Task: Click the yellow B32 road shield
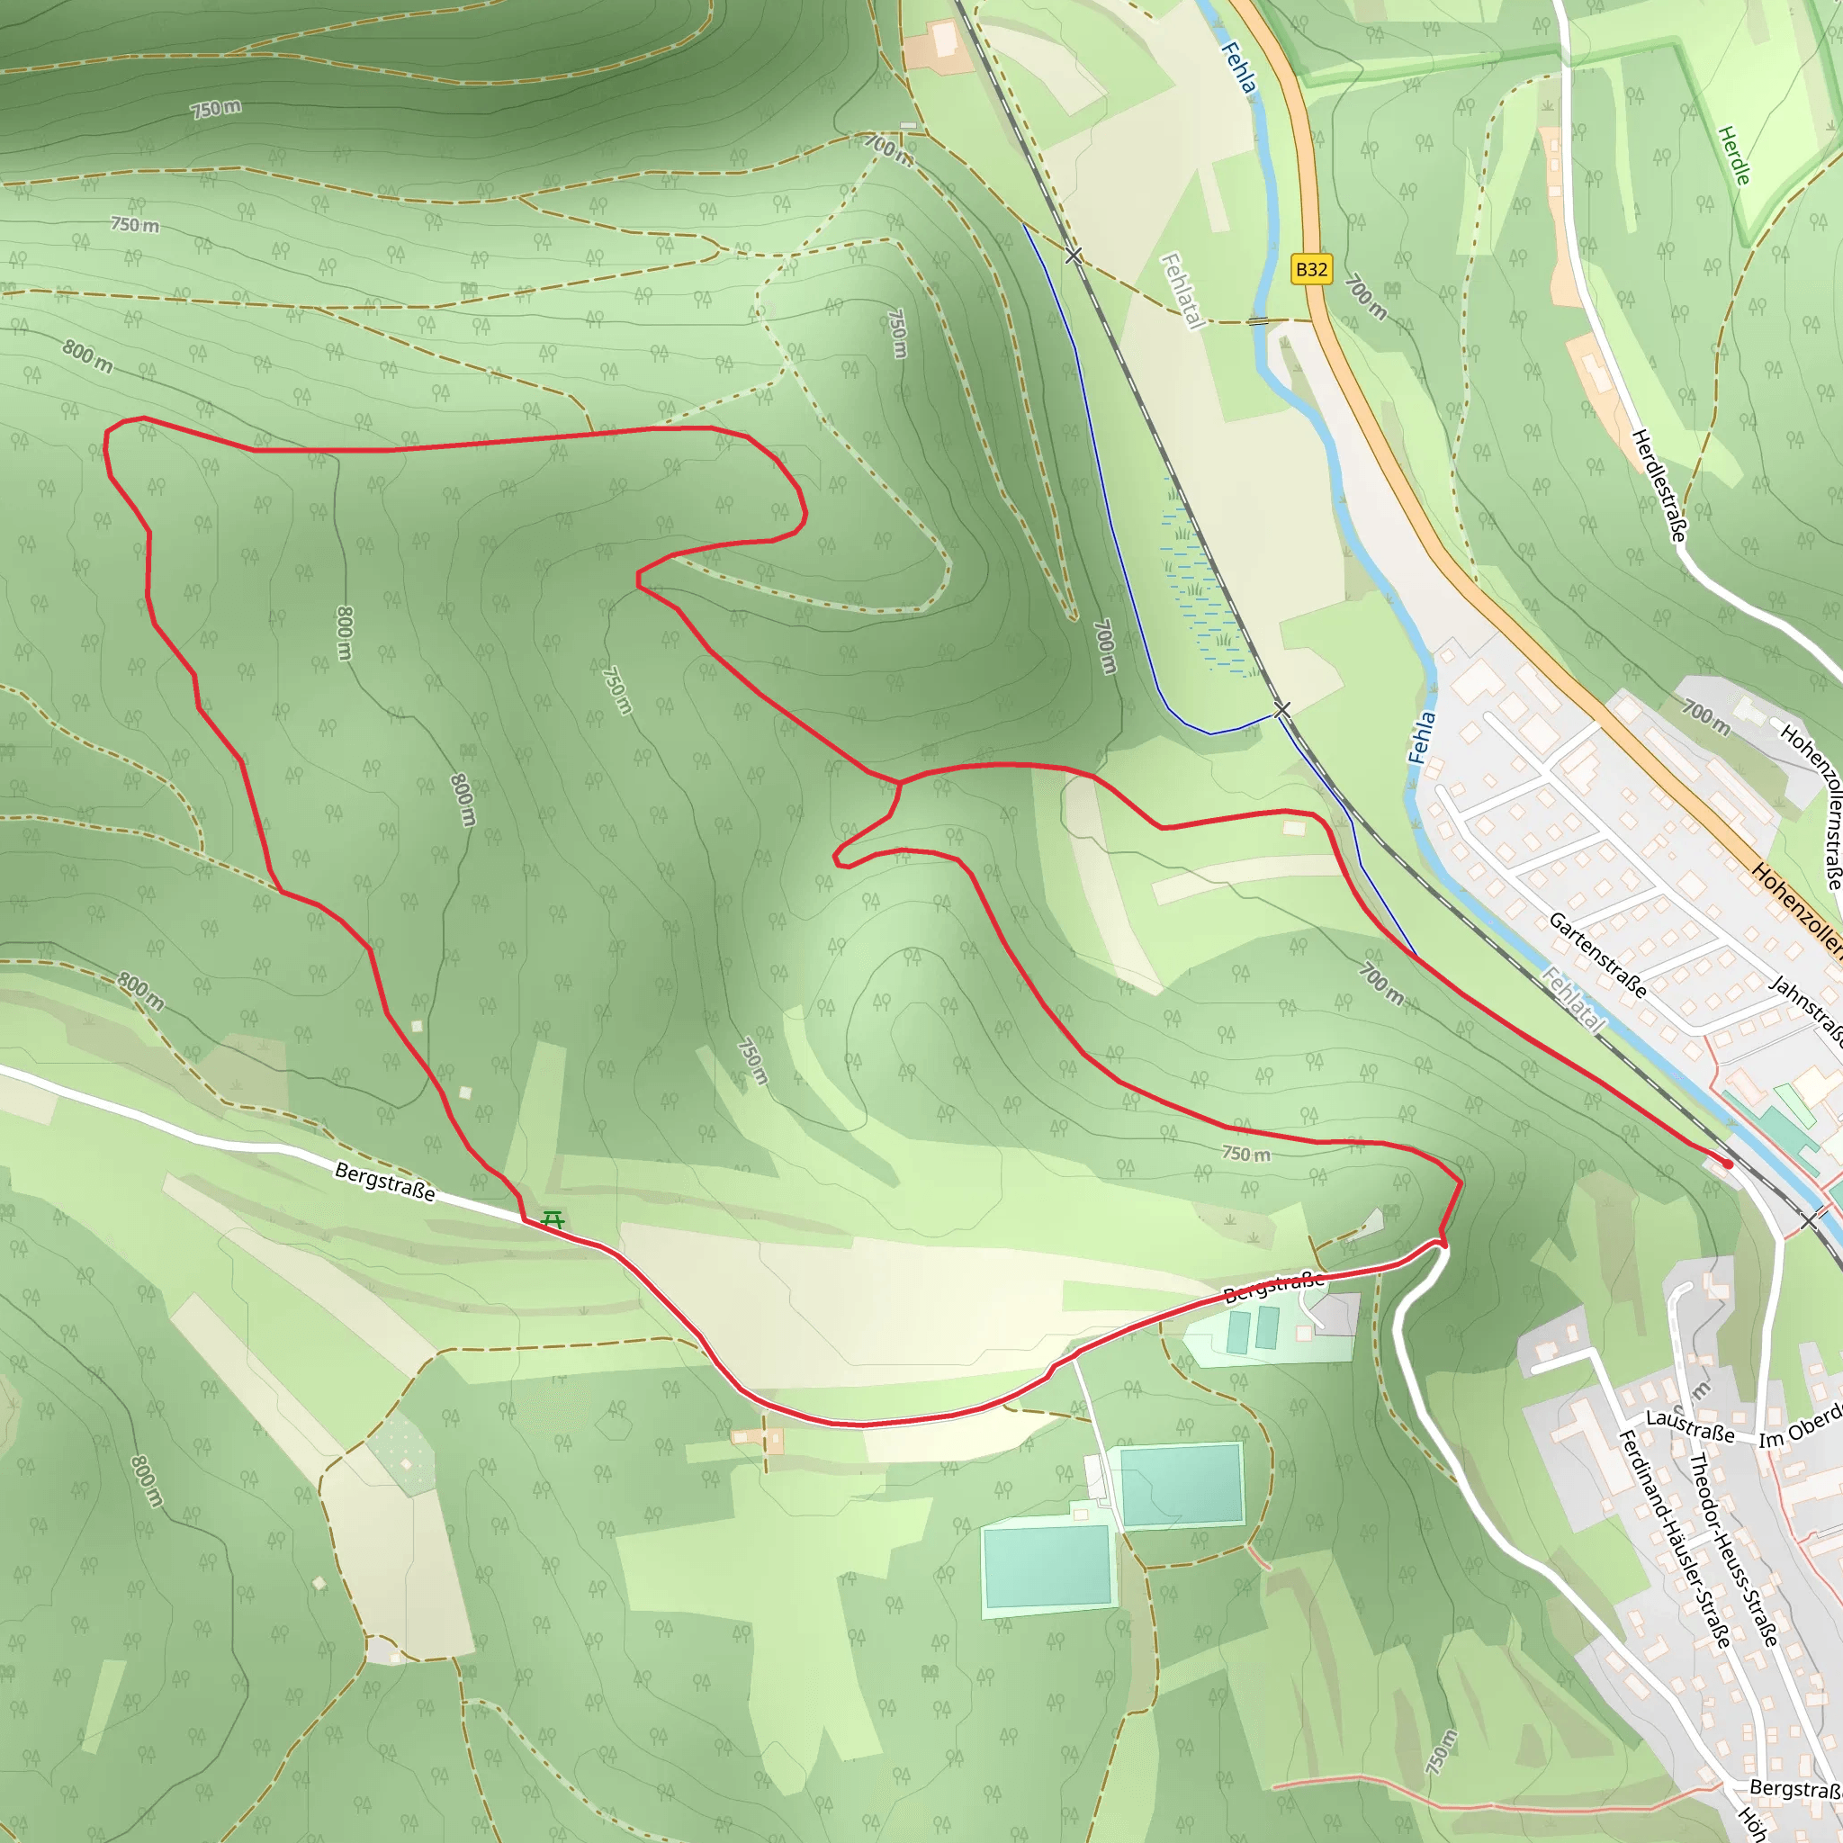pyautogui.click(x=1310, y=270)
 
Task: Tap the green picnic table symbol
pyautogui.click(x=552, y=1219)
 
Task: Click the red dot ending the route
pyautogui.click(x=1728, y=1164)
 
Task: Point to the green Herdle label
pyautogui.click(x=1734, y=156)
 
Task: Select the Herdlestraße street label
pyautogui.click(x=1659, y=486)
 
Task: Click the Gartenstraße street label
pyautogui.click(x=1598, y=955)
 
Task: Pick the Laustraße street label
pyautogui.click(x=1690, y=1426)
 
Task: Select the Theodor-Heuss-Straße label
pyautogui.click(x=1733, y=1550)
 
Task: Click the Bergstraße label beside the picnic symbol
pyautogui.click(x=384, y=1182)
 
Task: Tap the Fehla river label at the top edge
pyautogui.click(x=1238, y=67)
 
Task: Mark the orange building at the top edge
pyautogui.click(x=939, y=46)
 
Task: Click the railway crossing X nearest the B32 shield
pyautogui.click(x=1074, y=256)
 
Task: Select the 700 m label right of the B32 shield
pyautogui.click(x=1366, y=298)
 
